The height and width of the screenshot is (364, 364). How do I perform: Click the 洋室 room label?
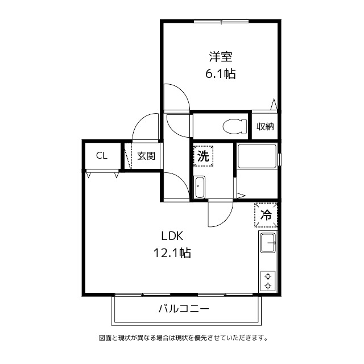coord(221,57)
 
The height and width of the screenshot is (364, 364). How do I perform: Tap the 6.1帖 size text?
coord(221,74)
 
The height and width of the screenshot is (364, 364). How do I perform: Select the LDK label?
coord(171,236)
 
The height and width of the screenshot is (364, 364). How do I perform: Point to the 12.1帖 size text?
coord(171,253)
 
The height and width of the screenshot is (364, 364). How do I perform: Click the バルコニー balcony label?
coord(183,309)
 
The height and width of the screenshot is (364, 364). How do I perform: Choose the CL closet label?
coord(102,156)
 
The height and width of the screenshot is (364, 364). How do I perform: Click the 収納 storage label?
coord(265,126)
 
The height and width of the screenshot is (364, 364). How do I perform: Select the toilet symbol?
coord(234,125)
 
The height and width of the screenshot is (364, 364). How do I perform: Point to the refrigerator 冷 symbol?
coord(266,215)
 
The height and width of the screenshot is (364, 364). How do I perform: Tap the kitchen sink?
coord(268,244)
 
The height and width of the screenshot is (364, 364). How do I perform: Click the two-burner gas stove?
coord(268,280)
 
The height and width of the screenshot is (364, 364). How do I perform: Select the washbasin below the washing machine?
coord(199,187)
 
